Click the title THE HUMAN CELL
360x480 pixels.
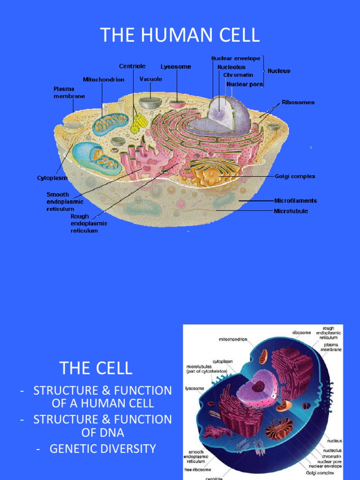click(180, 35)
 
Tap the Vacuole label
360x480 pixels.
click(151, 79)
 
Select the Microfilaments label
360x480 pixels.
click(295, 201)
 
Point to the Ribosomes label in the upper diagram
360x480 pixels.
click(298, 102)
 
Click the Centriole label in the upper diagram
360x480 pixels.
click(132, 67)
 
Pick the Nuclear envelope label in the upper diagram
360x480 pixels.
click(236, 59)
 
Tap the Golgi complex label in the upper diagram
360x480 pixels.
click(295, 176)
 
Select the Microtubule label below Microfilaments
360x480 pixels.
click(291, 211)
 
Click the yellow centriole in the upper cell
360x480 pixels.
click(139, 123)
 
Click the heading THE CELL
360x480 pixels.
click(96, 368)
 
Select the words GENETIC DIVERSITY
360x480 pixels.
click(103, 449)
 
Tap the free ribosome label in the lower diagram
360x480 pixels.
click(198, 469)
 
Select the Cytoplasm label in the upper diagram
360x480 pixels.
click(52, 178)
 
